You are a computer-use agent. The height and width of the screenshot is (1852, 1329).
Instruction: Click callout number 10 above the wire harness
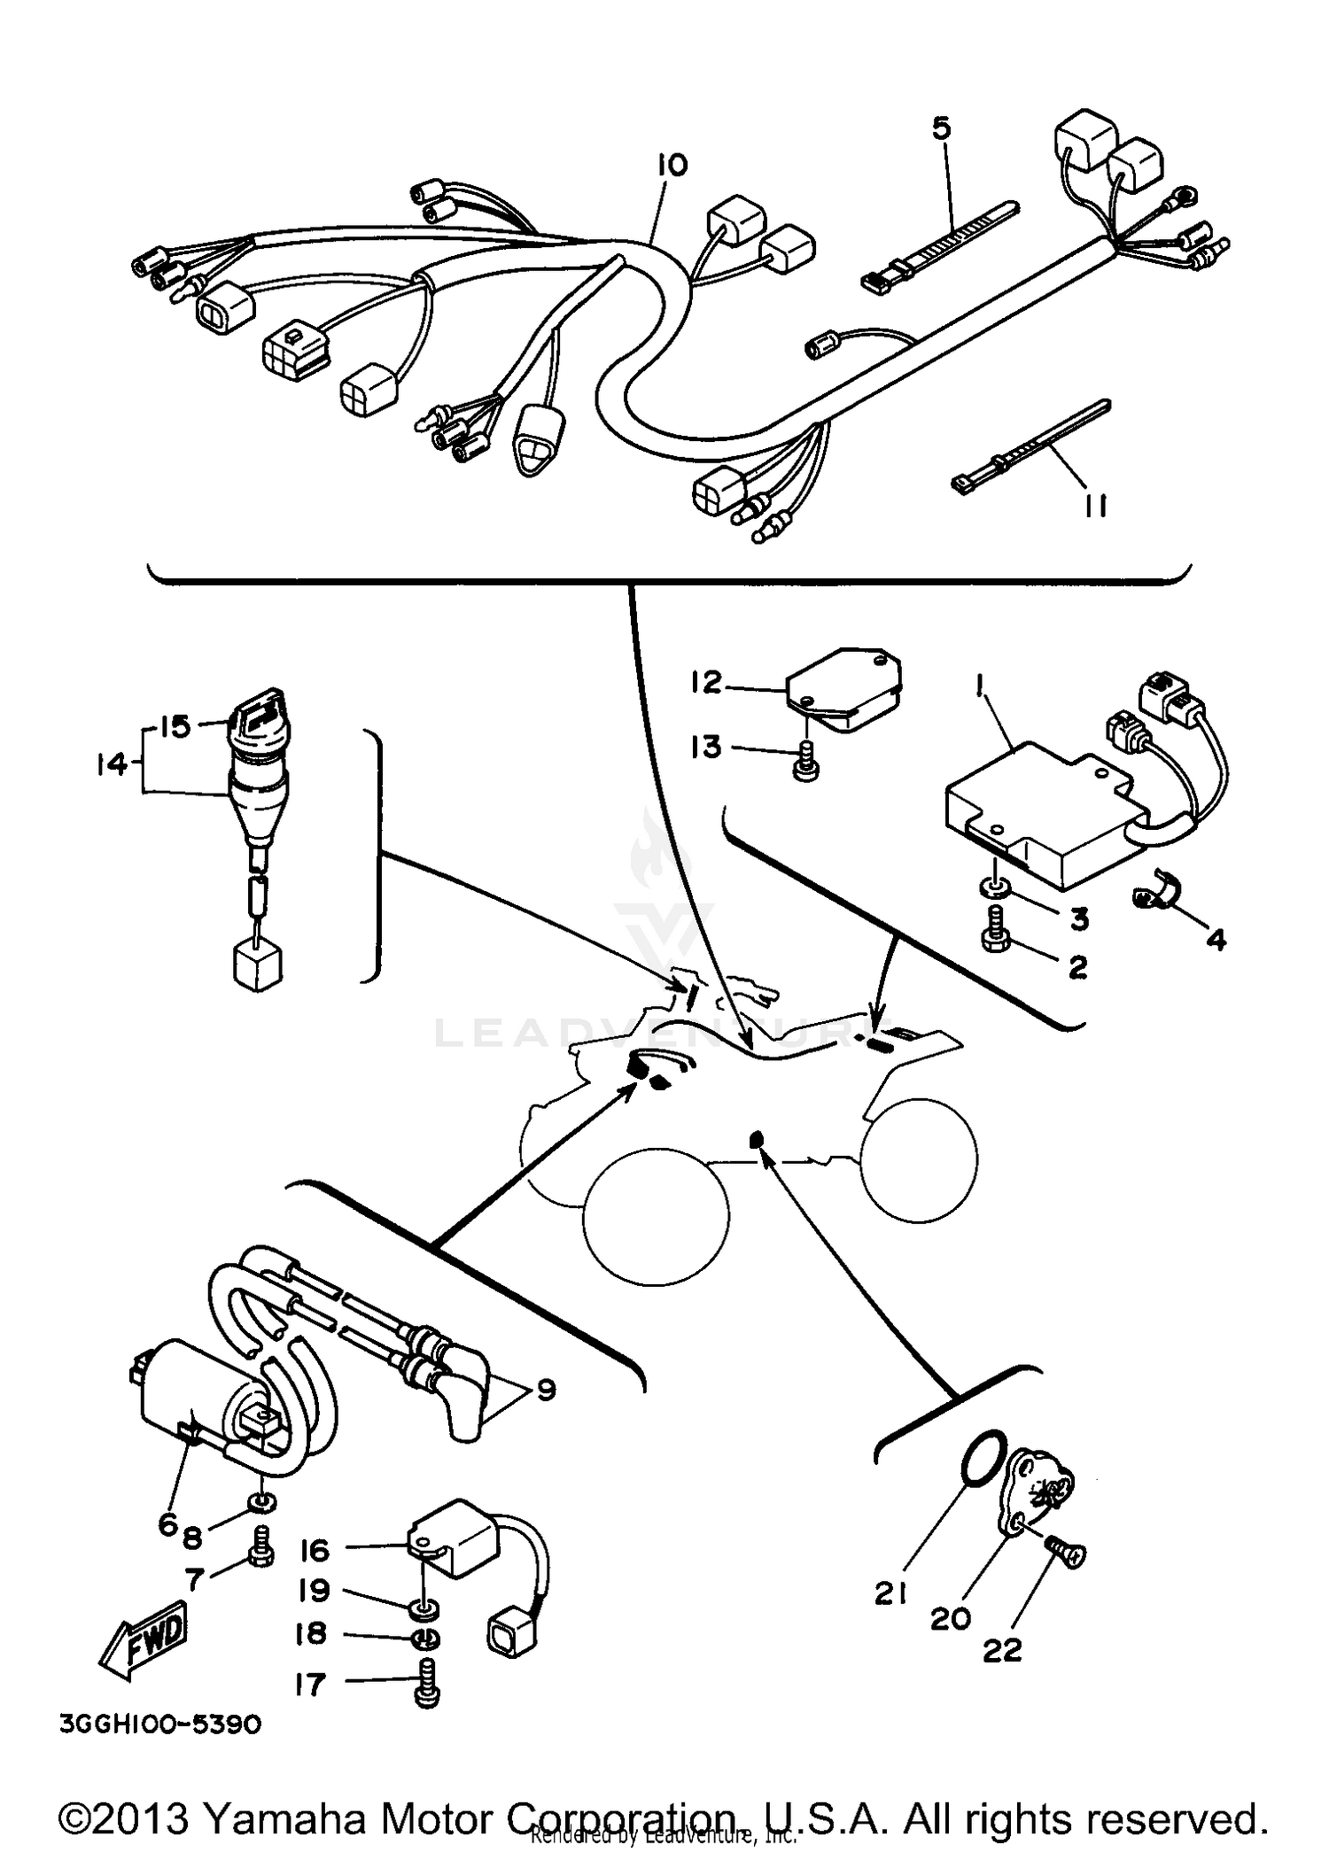672,166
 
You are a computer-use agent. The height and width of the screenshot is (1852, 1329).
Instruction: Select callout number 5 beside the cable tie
941,129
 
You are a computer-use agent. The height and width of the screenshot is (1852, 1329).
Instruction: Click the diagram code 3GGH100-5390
160,1724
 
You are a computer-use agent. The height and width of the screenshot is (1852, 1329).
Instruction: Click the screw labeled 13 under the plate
804,763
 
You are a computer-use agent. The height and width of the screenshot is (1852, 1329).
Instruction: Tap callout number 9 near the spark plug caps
546,1390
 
